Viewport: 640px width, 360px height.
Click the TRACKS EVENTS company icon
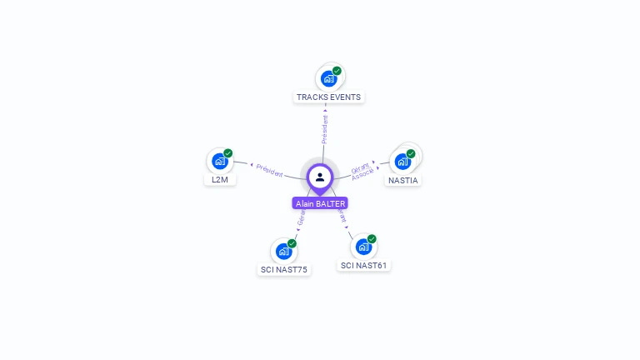click(328, 79)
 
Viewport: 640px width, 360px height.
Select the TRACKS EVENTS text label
click(328, 97)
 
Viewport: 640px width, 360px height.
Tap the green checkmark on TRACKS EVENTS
click(337, 71)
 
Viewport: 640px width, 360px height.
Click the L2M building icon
click(220, 161)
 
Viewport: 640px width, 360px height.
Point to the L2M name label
click(220, 179)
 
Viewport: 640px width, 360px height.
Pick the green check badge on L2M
click(227, 153)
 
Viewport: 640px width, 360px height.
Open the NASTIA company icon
click(402, 161)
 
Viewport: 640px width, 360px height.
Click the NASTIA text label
click(403, 180)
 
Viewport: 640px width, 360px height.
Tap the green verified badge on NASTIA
click(411, 153)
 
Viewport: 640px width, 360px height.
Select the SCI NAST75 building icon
click(283, 251)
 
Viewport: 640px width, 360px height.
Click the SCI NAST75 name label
click(283, 269)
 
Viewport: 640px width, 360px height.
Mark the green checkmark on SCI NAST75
click(292, 243)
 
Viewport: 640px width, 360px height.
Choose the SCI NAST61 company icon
click(363, 247)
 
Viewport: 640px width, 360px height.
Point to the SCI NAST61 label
click(364, 265)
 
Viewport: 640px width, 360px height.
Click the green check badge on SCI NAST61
click(372, 239)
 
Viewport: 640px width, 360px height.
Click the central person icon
click(320, 177)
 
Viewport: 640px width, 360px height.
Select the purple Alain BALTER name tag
click(320, 203)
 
